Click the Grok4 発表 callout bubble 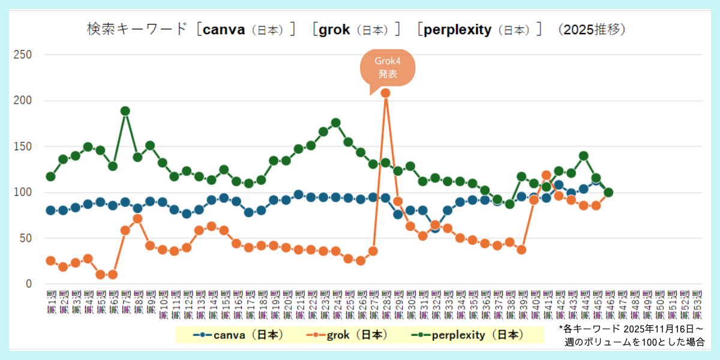pos(387,68)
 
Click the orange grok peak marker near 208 pos(386,93)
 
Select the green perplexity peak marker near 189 pos(125,111)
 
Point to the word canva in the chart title pos(224,29)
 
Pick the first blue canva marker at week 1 pos(51,211)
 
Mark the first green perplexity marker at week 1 pos(51,176)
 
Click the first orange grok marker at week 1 pos(51,261)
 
